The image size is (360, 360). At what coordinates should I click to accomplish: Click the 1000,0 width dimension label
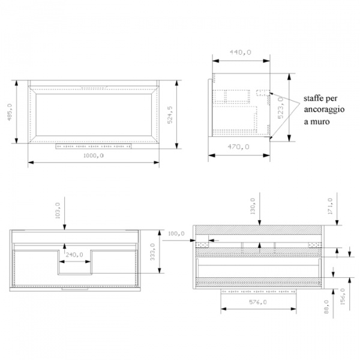click(94, 155)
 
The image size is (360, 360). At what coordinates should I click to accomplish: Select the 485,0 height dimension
click(10, 112)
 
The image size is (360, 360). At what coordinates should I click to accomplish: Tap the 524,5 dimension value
click(170, 115)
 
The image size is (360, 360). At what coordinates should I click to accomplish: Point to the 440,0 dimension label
click(241, 52)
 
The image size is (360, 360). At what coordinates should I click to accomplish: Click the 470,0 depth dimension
click(239, 147)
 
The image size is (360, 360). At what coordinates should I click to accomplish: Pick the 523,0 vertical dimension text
click(281, 107)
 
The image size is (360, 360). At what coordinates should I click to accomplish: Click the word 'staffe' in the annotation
click(312, 99)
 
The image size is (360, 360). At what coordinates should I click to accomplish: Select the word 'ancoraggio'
click(324, 110)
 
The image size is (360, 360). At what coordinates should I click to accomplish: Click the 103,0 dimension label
click(58, 211)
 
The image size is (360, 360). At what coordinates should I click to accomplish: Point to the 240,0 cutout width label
click(74, 254)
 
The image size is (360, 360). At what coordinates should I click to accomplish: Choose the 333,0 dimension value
click(152, 252)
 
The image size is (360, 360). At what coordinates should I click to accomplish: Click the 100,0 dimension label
click(176, 234)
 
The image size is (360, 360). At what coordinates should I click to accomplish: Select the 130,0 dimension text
click(253, 206)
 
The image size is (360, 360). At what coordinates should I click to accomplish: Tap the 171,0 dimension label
click(330, 206)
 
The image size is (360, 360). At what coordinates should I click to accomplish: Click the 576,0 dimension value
click(258, 302)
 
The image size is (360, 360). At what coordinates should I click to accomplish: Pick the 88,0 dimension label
click(327, 307)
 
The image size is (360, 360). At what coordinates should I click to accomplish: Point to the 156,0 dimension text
click(343, 296)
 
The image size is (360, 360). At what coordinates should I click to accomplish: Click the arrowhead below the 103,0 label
click(65, 227)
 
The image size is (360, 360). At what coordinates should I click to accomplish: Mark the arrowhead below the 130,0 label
click(260, 222)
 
